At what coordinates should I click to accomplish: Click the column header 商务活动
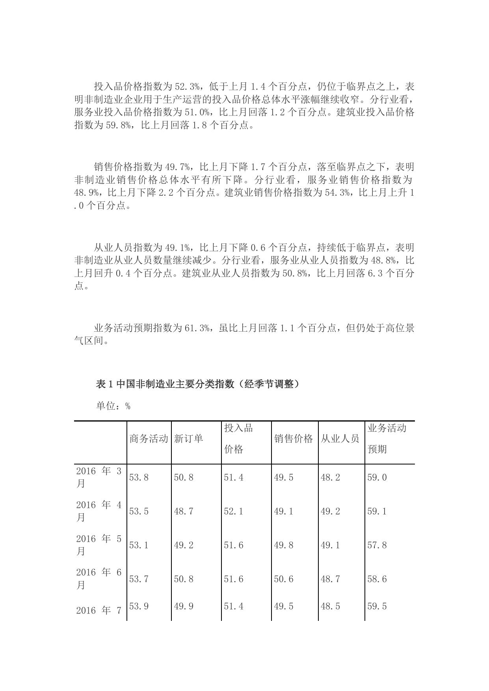click(x=149, y=438)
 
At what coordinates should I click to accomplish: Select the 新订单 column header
click(x=188, y=438)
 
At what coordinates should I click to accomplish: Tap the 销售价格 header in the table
click(x=294, y=438)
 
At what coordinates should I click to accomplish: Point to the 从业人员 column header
click(x=340, y=438)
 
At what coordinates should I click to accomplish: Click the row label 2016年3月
click(x=99, y=477)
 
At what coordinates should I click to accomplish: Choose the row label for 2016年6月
click(x=99, y=579)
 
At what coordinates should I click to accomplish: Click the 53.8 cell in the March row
click(x=139, y=477)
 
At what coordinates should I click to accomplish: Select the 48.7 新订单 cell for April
click(x=184, y=511)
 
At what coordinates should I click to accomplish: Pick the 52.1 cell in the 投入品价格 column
click(x=234, y=511)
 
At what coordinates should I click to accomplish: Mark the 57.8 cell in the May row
click(x=377, y=545)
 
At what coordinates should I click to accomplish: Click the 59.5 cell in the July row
click(x=377, y=606)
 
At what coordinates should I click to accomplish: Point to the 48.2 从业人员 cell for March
click(x=330, y=477)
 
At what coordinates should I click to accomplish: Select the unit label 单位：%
click(x=113, y=406)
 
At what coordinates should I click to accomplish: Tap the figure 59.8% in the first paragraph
click(x=120, y=125)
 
